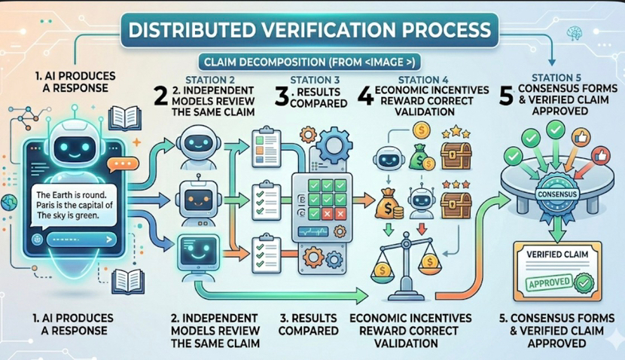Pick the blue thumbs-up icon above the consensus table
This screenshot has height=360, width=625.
pyautogui.click(x=582, y=138)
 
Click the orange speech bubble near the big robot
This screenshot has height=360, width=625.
pyautogui.click(x=119, y=163)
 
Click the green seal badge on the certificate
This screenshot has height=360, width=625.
pyautogui.click(x=584, y=283)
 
